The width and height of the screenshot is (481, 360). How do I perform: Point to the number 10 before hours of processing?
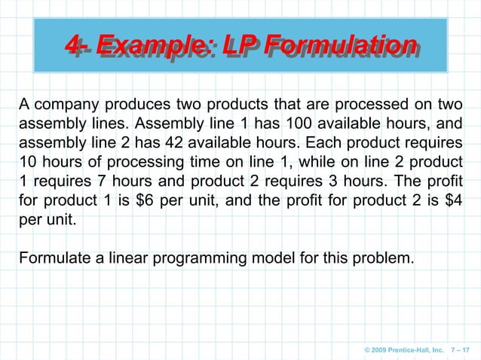coord(27,163)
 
